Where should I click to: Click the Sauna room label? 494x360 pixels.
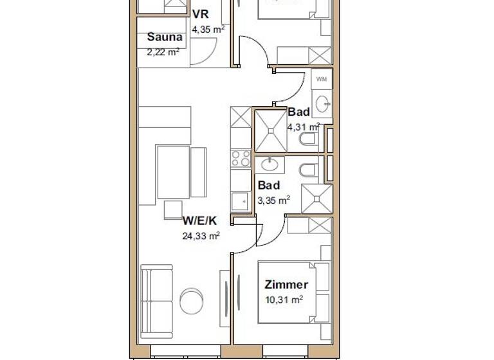[x=165, y=37]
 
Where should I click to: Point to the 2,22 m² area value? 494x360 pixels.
[x=163, y=52]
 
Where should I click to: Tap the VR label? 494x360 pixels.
[x=201, y=15]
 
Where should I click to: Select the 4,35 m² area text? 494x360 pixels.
[x=208, y=28]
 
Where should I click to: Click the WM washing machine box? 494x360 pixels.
[x=322, y=78]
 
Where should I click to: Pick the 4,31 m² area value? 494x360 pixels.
[x=303, y=127]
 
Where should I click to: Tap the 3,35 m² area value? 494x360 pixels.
[x=273, y=200]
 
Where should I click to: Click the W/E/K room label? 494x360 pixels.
[x=199, y=221]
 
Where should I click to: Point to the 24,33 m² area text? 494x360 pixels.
[x=201, y=236]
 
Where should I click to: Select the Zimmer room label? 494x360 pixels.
[x=286, y=284]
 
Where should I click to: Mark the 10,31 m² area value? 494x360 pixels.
[x=284, y=299]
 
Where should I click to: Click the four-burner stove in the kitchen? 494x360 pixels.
[x=241, y=158]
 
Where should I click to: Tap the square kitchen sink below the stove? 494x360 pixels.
[x=241, y=201]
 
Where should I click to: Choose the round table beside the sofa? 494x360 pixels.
[x=192, y=300]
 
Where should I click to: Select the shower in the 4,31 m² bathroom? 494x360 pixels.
[x=271, y=130]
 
